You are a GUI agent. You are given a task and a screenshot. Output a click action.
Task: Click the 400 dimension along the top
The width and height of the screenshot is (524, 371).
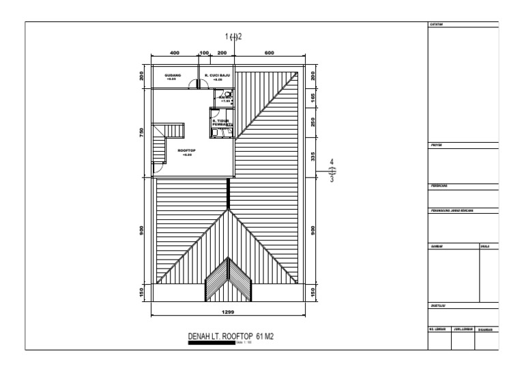174,53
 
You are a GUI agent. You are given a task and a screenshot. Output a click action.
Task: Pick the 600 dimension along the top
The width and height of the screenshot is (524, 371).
269,53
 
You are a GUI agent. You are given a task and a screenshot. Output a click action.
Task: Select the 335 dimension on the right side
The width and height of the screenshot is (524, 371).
312,157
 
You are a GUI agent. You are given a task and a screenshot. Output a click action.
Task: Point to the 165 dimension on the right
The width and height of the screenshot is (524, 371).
312,96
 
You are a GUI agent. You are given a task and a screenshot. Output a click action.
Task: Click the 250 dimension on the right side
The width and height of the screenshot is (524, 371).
312,122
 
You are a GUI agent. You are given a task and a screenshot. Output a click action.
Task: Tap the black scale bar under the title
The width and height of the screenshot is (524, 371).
212,343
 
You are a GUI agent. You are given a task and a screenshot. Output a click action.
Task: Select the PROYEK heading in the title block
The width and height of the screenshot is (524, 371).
436,146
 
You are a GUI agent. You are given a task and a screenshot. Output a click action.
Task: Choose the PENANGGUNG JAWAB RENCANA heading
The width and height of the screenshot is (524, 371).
451,210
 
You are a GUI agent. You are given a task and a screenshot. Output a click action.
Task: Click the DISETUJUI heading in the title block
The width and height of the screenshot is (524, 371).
438,306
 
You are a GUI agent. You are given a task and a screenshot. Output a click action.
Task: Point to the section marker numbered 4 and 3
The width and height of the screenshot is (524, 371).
332,171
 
